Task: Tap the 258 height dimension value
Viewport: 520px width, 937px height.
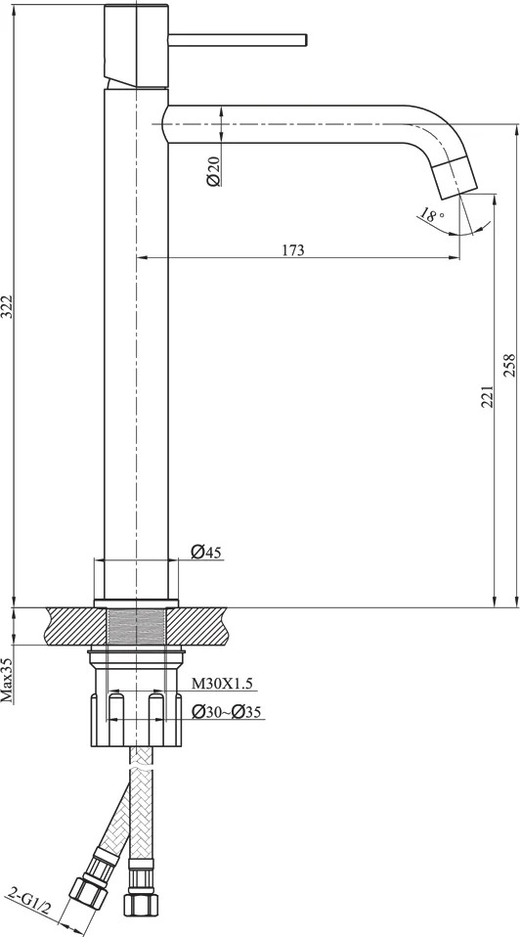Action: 508,365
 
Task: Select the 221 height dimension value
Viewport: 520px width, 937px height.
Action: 487,396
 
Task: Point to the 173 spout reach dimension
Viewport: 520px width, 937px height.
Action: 293,249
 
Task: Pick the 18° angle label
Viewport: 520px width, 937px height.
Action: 431,215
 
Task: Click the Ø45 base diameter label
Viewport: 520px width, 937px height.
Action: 206,553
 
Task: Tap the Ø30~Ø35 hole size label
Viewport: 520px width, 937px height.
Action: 227,712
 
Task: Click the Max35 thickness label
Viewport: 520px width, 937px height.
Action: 7,680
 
